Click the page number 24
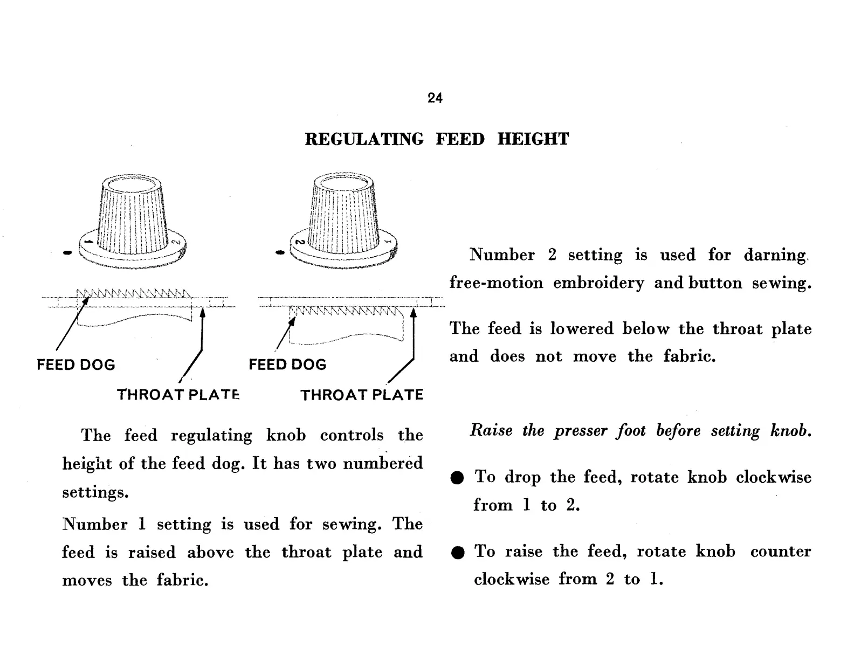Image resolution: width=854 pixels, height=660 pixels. [435, 98]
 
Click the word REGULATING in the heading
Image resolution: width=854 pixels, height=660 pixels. [364, 139]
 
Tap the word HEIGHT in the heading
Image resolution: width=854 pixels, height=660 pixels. [533, 139]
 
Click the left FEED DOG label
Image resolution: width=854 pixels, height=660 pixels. [75, 365]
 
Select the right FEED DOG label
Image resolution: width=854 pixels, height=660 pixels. [287, 365]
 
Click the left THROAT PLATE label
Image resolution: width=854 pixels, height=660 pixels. [178, 395]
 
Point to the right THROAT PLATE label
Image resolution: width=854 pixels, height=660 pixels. [362, 395]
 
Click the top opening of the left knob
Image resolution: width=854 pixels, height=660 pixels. [131, 184]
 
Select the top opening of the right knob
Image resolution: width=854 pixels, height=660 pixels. [343, 184]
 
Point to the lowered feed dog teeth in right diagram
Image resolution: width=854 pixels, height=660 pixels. [345, 312]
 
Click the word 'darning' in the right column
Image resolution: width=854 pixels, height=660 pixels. [775, 255]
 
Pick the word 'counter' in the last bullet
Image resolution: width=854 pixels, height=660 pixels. [780, 551]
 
